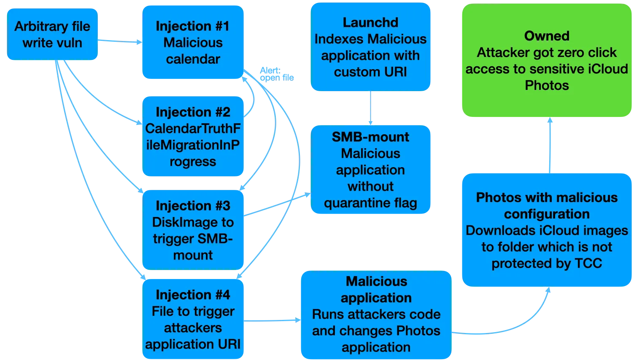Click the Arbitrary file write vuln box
coord(52,34)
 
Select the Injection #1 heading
coord(193,26)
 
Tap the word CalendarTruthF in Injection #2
coord(193,129)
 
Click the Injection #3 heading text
coord(193,206)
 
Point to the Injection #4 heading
coord(193,295)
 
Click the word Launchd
coord(370,22)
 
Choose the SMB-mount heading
coord(370,137)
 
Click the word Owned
coord(547,36)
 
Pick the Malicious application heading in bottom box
coord(376,290)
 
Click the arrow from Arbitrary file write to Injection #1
coord(120,41)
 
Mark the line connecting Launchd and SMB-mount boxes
coord(370,108)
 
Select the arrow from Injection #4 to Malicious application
coord(272,321)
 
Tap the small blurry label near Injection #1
coord(276,74)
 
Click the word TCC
coord(588,264)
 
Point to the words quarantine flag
coord(370,203)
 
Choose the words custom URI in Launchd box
coord(370,72)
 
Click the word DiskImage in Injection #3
coord(177,222)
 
